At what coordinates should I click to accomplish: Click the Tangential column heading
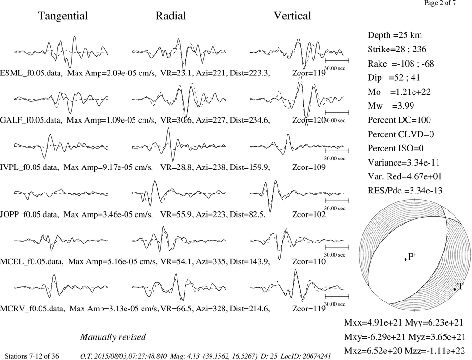(x=63, y=16)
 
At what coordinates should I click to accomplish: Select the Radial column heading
(x=171, y=16)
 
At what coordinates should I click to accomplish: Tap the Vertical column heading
(x=292, y=16)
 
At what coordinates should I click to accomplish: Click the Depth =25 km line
(x=395, y=35)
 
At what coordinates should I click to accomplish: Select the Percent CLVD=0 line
(x=401, y=134)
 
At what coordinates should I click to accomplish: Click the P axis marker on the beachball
(x=405, y=259)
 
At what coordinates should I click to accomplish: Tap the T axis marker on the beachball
(x=455, y=289)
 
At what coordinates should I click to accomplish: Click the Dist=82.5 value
(x=247, y=215)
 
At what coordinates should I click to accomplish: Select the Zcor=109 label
(x=309, y=167)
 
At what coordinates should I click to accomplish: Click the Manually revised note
(x=113, y=337)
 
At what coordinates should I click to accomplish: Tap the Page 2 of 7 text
(x=440, y=3)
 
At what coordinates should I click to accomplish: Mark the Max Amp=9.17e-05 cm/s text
(x=108, y=167)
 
